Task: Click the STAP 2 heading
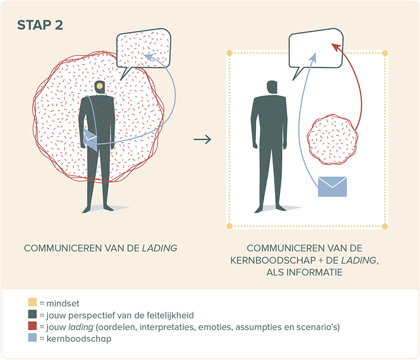coord(40,25)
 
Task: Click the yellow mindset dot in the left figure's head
coord(99,86)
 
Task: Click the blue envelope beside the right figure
coord(332,186)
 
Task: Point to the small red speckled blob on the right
coord(332,140)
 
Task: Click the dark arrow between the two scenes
coord(203,139)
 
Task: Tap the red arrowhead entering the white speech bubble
coord(335,47)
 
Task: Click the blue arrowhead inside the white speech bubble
coord(313,58)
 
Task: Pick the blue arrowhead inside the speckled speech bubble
coord(149,57)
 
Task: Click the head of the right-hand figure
coord(272,87)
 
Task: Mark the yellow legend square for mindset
coord(33,302)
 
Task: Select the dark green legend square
coord(33,314)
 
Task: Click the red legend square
coord(33,326)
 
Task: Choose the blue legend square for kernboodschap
coord(33,337)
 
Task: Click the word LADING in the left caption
coord(160,248)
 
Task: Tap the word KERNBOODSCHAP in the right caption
coord(273,260)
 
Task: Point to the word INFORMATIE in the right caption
coord(314,272)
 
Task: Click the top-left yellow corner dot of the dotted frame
coord(229,53)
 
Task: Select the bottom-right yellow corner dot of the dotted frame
coord(385,226)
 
